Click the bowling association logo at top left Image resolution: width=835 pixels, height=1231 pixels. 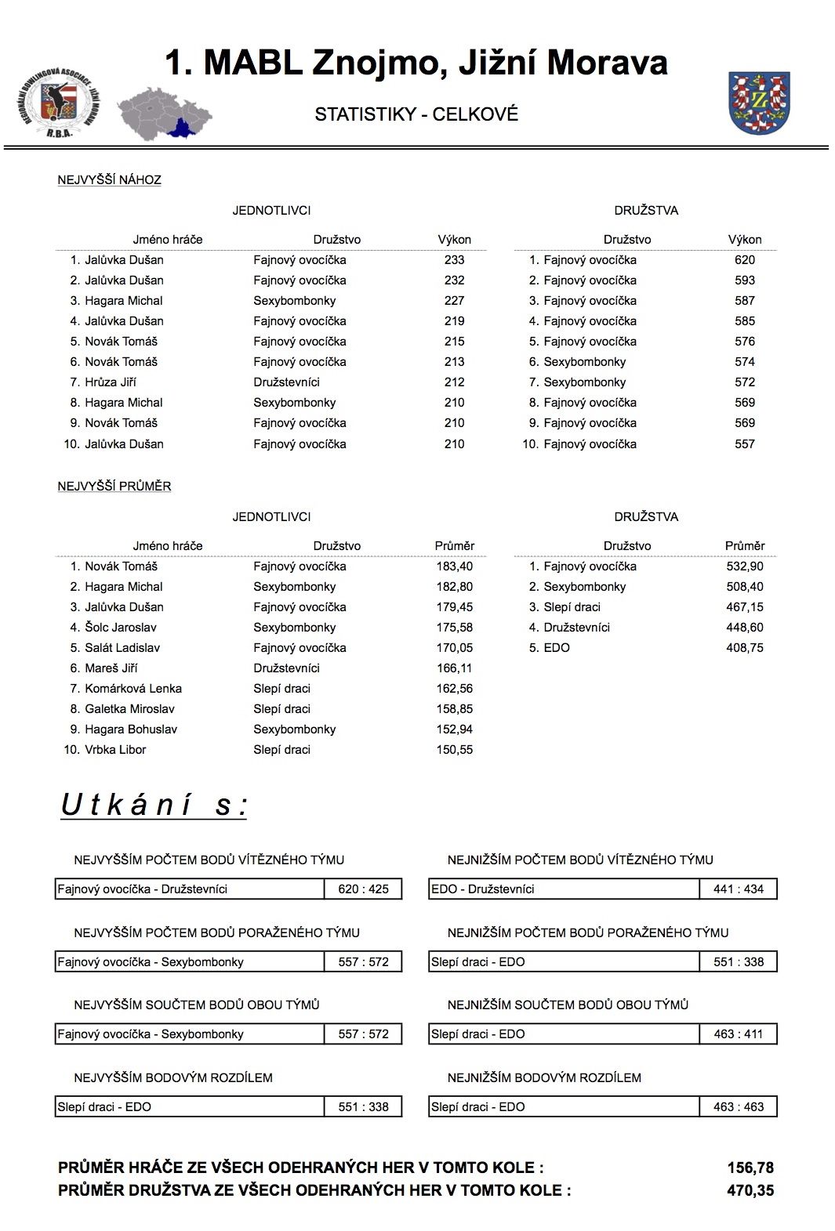point(57,103)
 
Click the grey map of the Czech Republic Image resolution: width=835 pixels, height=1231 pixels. point(164,114)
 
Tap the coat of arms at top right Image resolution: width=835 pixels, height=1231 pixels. point(758,103)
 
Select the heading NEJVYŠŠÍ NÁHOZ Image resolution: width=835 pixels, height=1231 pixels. point(109,180)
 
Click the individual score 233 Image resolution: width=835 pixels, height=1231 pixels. point(454,260)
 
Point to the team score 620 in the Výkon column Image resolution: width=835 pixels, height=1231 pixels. point(744,260)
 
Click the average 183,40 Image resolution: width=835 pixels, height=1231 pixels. point(454,567)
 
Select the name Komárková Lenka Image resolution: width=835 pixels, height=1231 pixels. point(133,689)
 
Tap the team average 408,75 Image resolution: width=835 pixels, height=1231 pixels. point(744,648)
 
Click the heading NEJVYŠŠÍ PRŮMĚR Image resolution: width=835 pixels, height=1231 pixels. point(114,487)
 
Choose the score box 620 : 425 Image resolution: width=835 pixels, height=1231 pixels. point(363,889)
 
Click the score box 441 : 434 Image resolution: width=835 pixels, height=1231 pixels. point(738,889)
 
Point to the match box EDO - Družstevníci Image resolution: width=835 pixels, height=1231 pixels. point(564,889)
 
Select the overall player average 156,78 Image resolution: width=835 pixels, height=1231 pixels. point(750,1168)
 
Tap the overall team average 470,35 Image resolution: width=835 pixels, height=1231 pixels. point(750,1191)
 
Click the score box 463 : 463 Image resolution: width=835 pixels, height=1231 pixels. point(738,1107)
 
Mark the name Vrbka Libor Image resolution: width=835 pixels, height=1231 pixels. point(115,750)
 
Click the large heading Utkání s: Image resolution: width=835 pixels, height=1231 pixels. point(154,806)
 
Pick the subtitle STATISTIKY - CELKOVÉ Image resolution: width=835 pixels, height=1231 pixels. point(416,114)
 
